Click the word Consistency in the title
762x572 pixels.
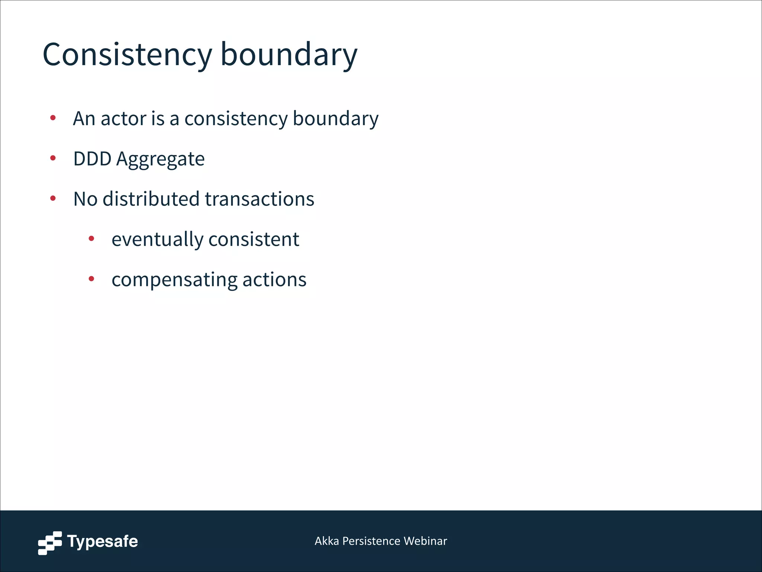tap(127, 55)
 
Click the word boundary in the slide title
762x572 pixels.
tap(289, 55)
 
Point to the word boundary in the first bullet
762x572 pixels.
tap(336, 119)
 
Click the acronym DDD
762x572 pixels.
tap(92, 159)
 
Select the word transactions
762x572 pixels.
tap(259, 199)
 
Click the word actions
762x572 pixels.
tap(275, 280)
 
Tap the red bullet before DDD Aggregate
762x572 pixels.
tap(53, 158)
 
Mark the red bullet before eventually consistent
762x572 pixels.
tap(92, 239)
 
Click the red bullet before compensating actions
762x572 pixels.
tap(92, 279)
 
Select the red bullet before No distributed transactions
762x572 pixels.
tap(53, 198)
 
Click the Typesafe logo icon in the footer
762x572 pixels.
tap(50, 543)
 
